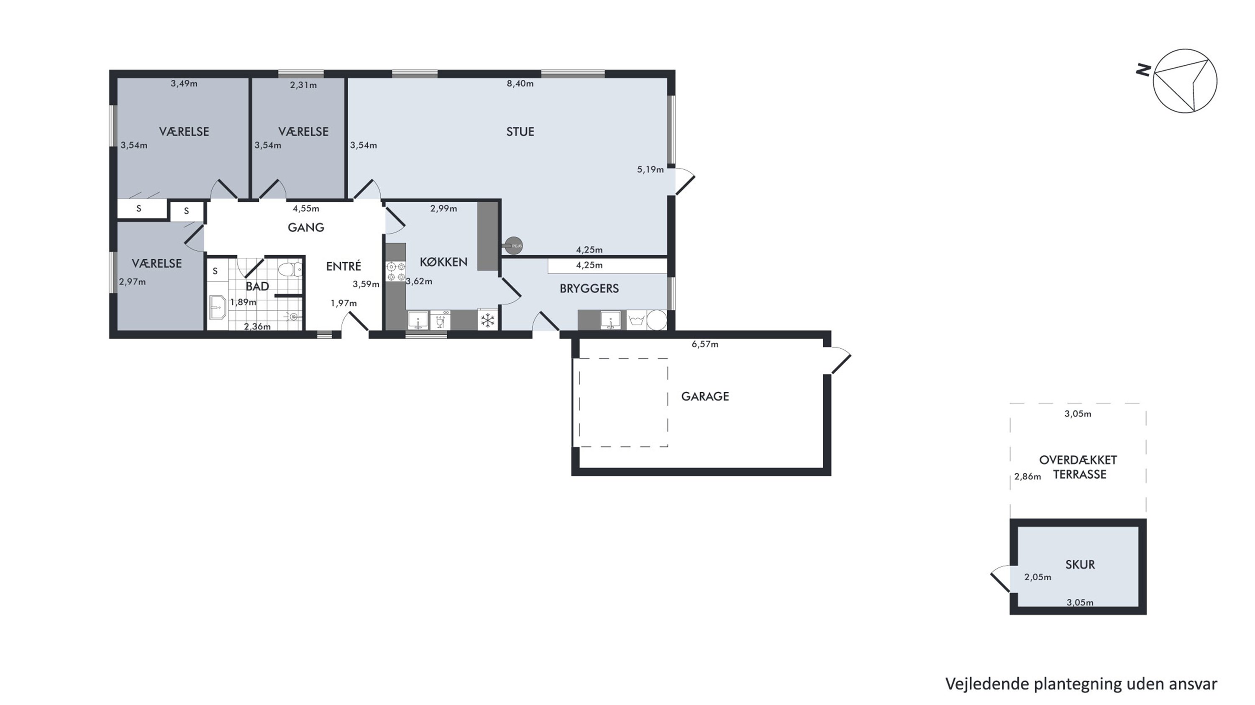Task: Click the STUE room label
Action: coord(520,131)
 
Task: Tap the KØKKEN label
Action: coord(443,262)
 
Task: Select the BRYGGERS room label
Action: coord(589,289)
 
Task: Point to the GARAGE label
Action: coord(705,396)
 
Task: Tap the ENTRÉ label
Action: coord(343,266)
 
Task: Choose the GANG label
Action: coord(306,227)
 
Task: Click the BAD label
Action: coord(257,286)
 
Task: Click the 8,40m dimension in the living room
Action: coord(520,84)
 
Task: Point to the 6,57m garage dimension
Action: coord(705,344)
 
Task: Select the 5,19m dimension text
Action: coord(651,169)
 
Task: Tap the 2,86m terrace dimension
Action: coord(1027,477)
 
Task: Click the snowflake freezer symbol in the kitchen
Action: coord(488,320)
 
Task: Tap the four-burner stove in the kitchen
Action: coord(396,272)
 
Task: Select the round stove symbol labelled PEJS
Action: coord(513,246)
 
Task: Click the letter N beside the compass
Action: coord(1143,71)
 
